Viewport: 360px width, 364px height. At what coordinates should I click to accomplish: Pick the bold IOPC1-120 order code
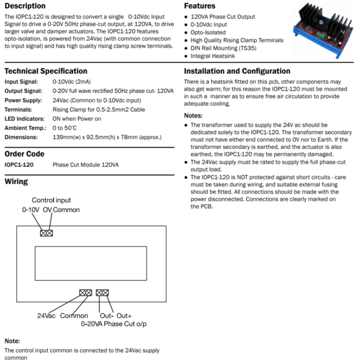pos(19,164)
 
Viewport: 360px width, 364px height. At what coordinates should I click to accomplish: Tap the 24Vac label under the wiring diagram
pos(47,315)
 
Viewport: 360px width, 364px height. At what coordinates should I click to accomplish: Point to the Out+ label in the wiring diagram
pos(124,315)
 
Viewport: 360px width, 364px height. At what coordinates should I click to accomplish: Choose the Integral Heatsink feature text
pos(217,56)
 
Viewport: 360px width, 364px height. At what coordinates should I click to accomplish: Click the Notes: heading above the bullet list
pos(194,115)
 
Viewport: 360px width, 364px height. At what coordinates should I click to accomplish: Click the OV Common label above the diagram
pos(61,210)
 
